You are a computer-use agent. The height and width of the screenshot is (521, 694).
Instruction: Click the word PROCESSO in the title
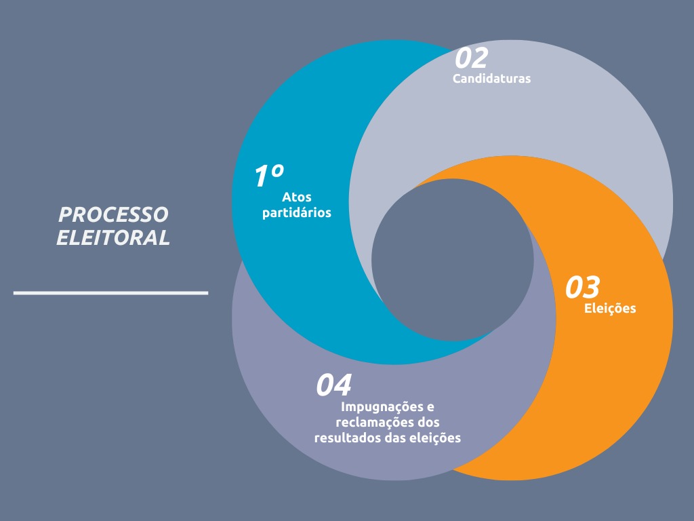coord(113,215)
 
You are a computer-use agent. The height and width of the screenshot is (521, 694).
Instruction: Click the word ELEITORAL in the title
coord(113,237)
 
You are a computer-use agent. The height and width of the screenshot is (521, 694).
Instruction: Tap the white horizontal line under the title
coord(110,293)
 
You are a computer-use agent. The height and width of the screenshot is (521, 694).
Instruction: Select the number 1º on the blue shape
coord(268,176)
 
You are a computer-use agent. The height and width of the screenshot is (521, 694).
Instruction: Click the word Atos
coord(297,197)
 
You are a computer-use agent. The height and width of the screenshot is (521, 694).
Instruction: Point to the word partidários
coord(297,213)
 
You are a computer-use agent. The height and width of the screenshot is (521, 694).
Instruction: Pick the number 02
coord(472,58)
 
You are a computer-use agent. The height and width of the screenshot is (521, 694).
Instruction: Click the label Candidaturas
coord(491,79)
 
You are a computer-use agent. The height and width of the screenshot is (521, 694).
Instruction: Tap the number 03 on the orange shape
coord(582,287)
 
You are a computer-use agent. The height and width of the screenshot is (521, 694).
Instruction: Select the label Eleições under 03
coord(610,309)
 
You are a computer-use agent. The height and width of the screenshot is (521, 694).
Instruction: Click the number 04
coord(333,385)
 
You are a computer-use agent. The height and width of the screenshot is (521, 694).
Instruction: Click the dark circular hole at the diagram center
coord(452,260)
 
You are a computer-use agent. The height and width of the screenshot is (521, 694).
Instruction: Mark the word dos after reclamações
coord(428,423)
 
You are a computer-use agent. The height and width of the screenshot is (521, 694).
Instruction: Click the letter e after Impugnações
coord(430,408)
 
